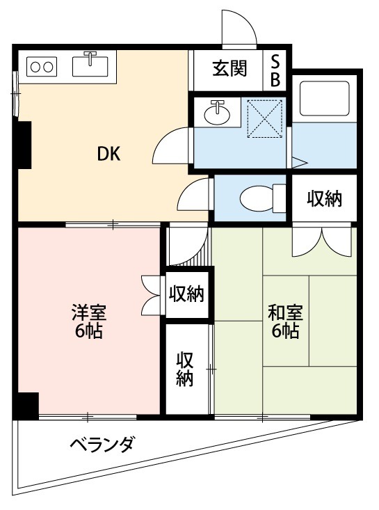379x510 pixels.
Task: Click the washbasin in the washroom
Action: tap(218, 112)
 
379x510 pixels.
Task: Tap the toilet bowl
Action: tap(258, 198)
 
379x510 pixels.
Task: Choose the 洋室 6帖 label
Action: tap(88, 321)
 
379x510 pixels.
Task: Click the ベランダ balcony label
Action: tap(102, 444)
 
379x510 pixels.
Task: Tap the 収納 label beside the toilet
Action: tap(325, 198)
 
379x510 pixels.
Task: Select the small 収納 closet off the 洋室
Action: tap(186, 294)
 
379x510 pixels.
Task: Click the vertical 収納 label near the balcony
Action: tap(184, 369)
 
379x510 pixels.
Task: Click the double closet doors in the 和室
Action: tap(321, 242)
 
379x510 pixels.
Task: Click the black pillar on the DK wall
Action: tap(24, 145)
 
